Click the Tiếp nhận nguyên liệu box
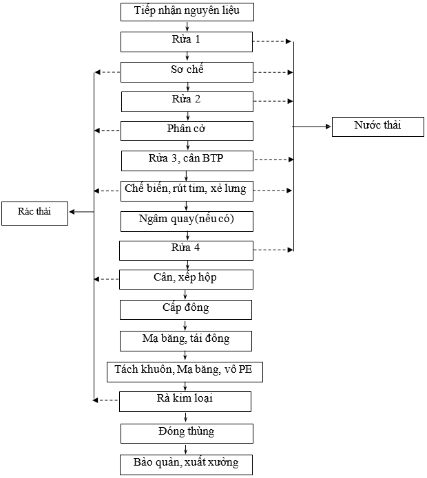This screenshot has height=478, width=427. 187,12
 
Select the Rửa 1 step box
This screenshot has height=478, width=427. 187,41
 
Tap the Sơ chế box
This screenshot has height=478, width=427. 187,72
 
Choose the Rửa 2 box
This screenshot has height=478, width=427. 187,101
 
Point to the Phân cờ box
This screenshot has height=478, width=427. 187,131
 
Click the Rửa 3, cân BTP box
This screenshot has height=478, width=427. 187,160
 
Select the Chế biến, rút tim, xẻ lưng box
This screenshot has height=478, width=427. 186,191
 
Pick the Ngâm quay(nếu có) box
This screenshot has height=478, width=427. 187,220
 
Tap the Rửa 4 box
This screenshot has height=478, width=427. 186,250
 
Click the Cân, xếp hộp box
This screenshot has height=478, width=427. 186,279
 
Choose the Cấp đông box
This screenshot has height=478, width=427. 186,309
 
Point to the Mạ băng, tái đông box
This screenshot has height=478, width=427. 186,340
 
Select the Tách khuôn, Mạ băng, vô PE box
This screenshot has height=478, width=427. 185,371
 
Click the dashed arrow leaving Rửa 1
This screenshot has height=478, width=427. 273,42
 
